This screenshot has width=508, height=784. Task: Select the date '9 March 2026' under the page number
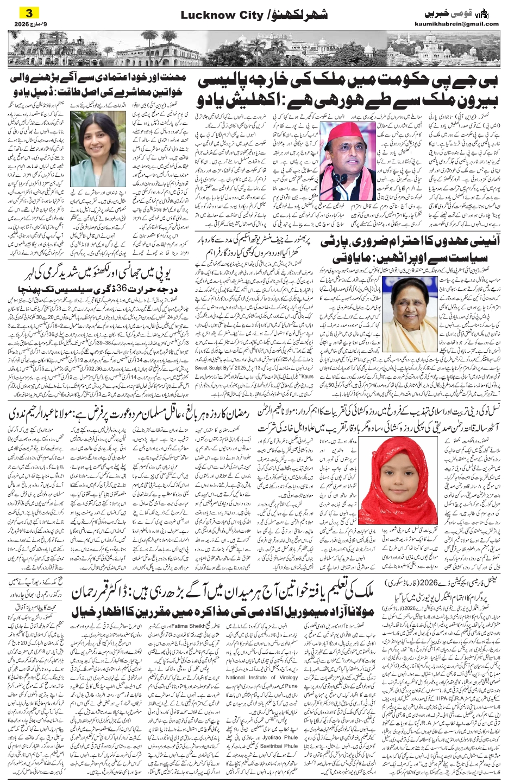tap(27, 23)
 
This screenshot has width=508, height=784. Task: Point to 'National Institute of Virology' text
tap(269, 678)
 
